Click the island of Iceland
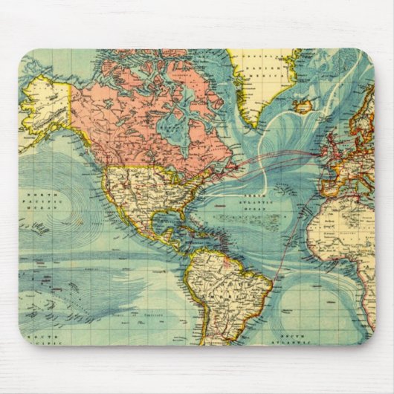(x=303, y=107)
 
